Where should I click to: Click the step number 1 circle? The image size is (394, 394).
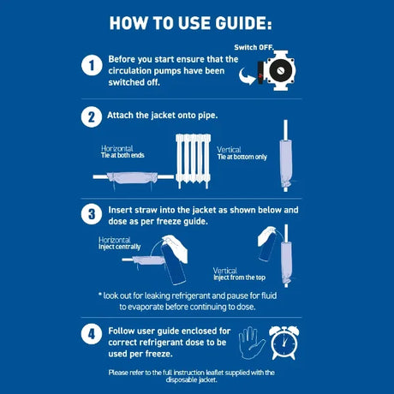pos(92,65)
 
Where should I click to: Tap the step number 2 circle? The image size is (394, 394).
pos(92,117)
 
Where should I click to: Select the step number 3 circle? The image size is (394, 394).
pos(92,214)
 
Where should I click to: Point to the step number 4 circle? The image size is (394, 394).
pos(92,334)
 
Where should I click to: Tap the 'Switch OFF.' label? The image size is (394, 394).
pos(254,47)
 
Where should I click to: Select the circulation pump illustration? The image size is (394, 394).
pos(277,70)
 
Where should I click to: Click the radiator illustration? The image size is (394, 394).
pos(194,161)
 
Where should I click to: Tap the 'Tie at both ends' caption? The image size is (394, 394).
pos(122,155)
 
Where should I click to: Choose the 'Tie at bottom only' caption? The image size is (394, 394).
pos(242,157)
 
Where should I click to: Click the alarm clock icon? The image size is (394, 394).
pos(284,343)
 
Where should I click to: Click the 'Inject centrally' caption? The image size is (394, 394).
pos(120,247)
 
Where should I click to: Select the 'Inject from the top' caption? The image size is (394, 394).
pos(239,278)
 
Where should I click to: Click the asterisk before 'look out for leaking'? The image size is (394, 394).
pos(100,295)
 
